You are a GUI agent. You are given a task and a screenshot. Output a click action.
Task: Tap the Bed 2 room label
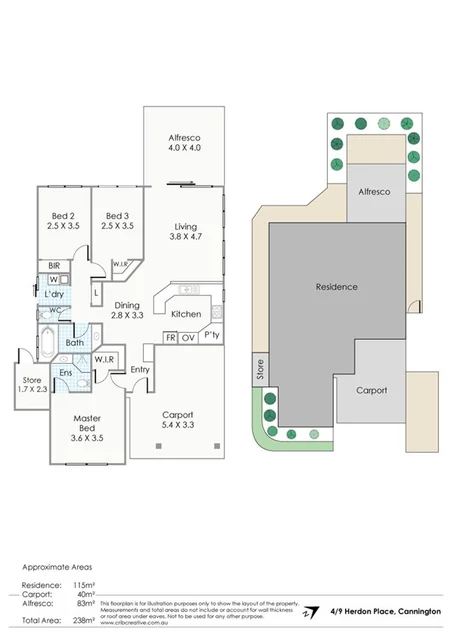coord(64,216)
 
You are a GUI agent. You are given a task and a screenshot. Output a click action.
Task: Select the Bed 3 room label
coord(119,216)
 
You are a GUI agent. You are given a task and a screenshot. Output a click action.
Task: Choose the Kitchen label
coord(186,314)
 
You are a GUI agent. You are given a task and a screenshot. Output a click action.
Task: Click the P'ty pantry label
coord(212,336)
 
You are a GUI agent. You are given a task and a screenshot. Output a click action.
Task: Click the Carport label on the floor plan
coord(177,414)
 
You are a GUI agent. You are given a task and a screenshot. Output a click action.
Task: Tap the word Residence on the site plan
coord(336,287)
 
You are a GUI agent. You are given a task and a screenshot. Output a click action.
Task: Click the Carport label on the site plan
coord(370,391)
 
